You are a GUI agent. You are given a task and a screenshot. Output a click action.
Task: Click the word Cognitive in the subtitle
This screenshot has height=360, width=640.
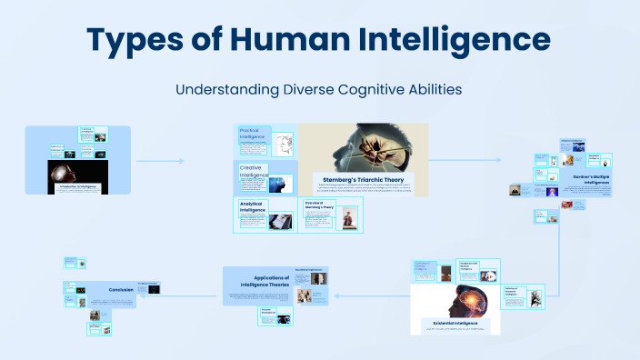[x=350, y=90]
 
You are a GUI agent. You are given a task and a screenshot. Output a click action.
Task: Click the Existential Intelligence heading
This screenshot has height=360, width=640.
[x=455, y=322]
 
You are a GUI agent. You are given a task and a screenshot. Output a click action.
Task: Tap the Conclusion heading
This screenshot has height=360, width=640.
[x=121, y=290]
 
